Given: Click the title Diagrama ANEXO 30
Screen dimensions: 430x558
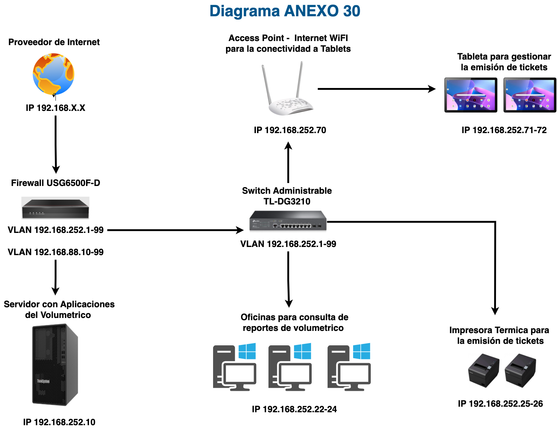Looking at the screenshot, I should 285,11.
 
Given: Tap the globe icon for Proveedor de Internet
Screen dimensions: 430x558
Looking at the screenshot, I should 54,74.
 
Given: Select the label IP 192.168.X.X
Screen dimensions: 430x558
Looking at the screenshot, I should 55,108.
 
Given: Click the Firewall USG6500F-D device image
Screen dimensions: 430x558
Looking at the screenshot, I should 55,208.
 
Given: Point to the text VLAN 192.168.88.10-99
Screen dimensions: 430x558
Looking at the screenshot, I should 55,252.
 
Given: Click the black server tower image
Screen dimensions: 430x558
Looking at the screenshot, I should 55,365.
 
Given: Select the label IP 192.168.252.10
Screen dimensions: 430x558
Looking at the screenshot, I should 59,422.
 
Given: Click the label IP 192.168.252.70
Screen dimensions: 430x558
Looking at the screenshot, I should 290,130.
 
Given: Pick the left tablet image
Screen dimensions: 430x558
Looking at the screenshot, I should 471,95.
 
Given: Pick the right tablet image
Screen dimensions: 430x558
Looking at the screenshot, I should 530,95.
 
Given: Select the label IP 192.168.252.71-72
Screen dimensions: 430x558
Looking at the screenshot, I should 504,130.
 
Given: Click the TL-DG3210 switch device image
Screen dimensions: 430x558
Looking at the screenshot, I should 288,221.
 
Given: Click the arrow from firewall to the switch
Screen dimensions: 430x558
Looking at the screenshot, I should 175,230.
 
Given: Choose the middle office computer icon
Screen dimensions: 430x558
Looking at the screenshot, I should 290,368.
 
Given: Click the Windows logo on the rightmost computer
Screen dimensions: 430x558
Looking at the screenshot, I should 362,351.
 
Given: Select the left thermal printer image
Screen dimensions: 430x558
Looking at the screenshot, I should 483,370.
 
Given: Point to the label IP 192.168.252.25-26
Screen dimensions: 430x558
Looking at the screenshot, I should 500,404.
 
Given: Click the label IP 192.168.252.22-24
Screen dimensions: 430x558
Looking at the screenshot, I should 294,409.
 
